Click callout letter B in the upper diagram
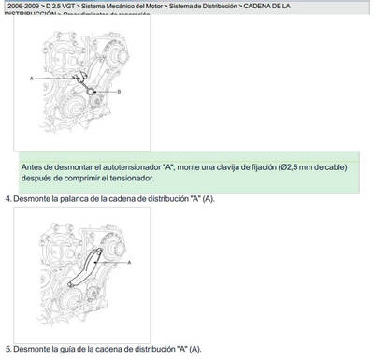point(119,91)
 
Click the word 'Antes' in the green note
point(33,166)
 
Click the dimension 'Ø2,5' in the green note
point(291,166)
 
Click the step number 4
point(7,198)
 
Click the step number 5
point(7,349)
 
